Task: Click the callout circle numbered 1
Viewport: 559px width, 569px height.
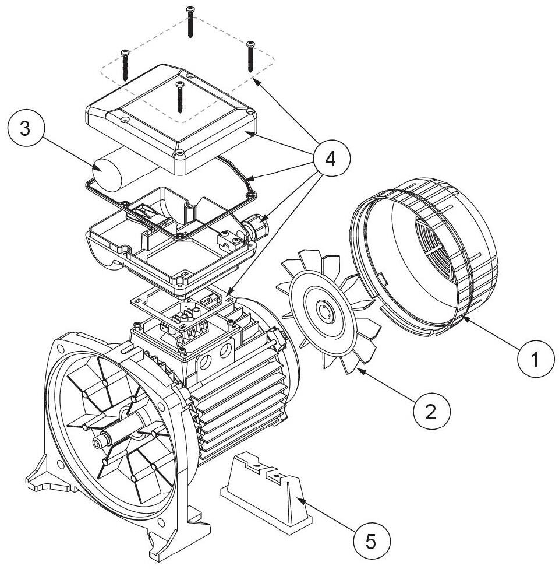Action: (536, 359)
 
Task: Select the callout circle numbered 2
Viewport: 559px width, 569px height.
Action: (431, 412)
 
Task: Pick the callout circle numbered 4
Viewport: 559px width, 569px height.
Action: (331, 159)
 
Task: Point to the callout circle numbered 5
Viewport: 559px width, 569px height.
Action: (372, 542)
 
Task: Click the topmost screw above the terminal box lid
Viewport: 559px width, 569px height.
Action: (190, 22)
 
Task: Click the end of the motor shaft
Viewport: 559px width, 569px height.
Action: (97, 442)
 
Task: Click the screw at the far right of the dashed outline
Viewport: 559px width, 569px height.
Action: (251, 56)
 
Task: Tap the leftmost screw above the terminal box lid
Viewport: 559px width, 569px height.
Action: (125, 65)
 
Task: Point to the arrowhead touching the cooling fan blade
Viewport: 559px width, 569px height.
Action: (360, 370)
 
